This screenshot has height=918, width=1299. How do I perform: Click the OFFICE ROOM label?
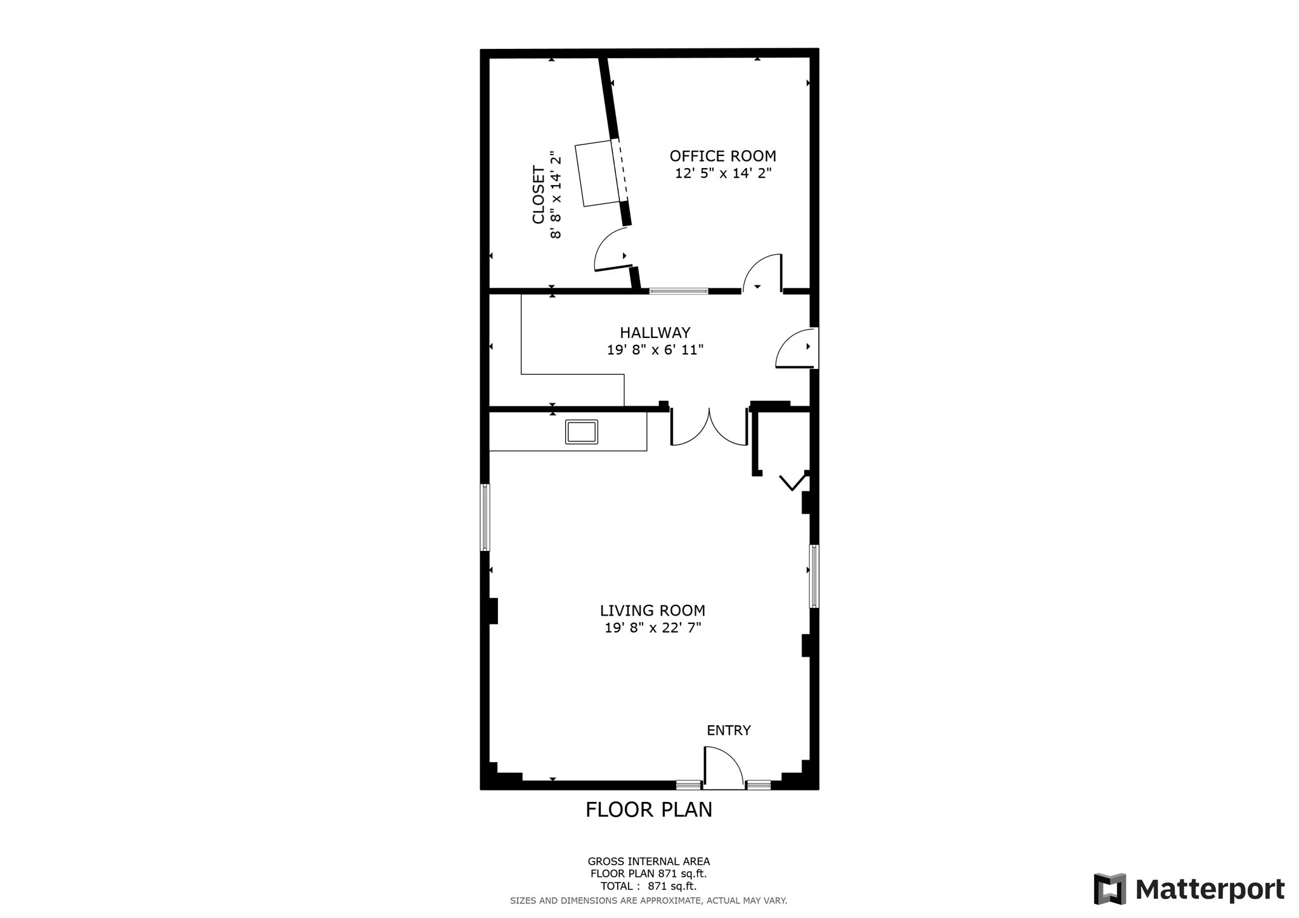coord(722,156)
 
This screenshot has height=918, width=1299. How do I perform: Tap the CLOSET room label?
coord(539,195)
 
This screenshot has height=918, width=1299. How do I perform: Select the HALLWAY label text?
coord(655,332)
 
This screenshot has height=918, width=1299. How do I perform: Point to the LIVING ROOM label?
coord(653,611)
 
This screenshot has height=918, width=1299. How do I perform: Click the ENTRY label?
coord(729,730)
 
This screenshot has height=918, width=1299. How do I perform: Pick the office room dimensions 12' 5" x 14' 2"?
coord(723,173)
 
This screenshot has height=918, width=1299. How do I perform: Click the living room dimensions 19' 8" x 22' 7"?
coord(653,628)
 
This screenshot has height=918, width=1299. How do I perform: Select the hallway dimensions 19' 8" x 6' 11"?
coord(655,349)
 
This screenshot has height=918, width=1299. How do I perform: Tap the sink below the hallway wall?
coord(582,432)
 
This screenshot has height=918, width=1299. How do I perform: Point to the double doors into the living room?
coord(709,428)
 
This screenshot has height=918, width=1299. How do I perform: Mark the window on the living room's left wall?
coord(485,517)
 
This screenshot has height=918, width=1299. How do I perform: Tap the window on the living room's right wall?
coord(813,576)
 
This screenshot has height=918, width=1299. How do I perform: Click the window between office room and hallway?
coord(679,291)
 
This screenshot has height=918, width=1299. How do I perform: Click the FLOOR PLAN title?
coord(649,810)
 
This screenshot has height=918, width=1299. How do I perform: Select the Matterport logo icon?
coord(1110,889)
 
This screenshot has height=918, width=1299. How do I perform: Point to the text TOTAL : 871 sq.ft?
coord(649,886)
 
